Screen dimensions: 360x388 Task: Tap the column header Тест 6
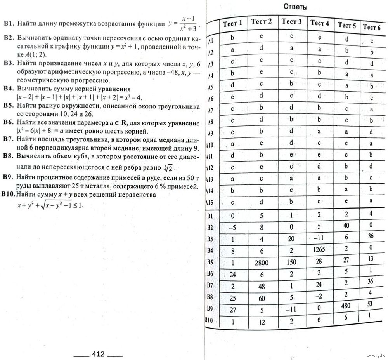(371, 27)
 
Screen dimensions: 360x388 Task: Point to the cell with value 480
(346, 305)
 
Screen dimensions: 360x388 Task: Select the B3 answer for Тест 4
(319, 238)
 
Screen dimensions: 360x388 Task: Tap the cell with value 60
(262, 298)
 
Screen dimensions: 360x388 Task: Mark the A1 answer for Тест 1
(232, 38)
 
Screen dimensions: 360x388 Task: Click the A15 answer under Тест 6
(371, 200)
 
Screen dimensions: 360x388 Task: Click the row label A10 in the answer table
(211, 146)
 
